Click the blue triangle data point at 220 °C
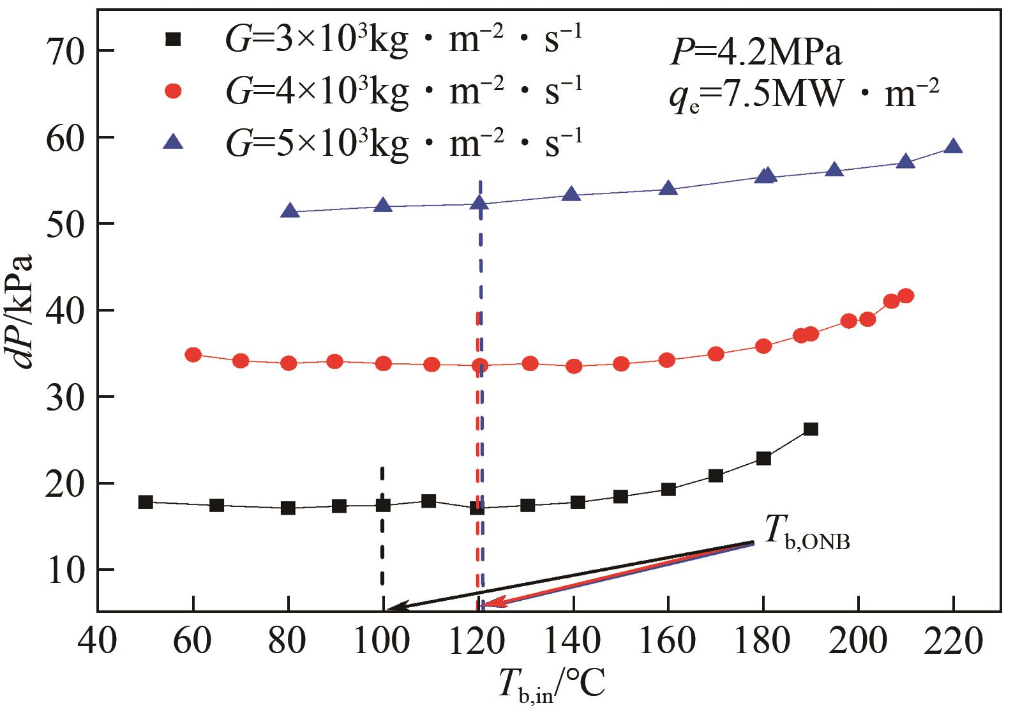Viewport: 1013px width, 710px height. (954, 146)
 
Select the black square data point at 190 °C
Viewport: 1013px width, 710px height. (811, 429)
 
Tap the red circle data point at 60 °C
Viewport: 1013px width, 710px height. (193, 355)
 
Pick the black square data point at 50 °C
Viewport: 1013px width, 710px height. (146, 502)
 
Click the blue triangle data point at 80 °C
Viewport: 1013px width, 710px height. (290, 211)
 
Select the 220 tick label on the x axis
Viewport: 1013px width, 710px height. (954, 641)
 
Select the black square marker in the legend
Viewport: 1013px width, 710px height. (173, 40)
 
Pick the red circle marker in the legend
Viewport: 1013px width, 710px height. (173, 92)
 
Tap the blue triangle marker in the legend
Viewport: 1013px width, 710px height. (173, 142)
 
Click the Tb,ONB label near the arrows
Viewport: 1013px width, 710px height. (807, 540)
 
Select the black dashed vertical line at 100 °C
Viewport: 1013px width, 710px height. (382, 530)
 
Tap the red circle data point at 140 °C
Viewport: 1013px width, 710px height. (574, 366)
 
